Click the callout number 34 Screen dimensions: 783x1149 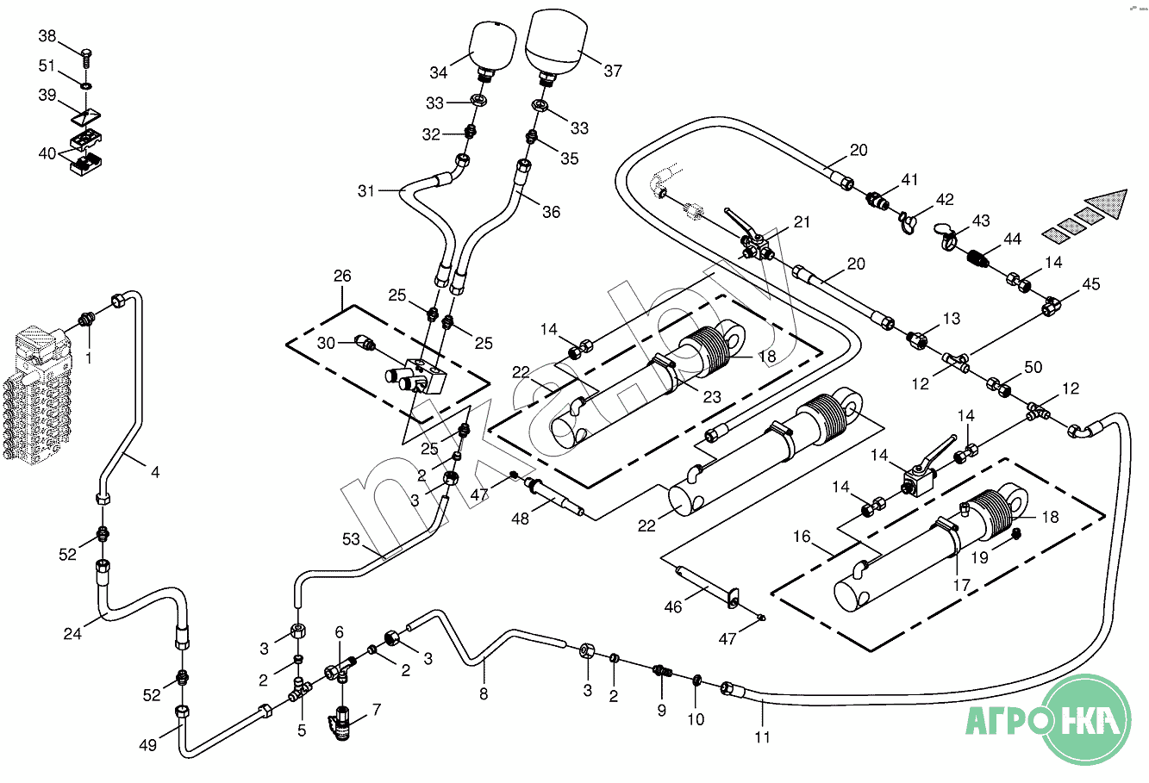pyautogui.click(x=440, y=71)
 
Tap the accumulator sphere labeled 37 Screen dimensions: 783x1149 pyautogui.click(x=556, y=40)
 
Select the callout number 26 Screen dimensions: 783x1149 pyautogui.click(x=342, y=277)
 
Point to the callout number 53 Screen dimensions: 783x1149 pyautogui.click(x=351, y=540)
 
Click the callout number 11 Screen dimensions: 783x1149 pyautogui.click(x=762, y=736)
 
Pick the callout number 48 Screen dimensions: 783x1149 pyautogui.click(x=520, y=519)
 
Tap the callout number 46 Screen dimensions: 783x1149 pyautogui.click(x=672, y=607)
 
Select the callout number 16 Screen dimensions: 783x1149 pyautogui.click(x=802, y=537)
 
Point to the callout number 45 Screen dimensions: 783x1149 pyautogui.click(x=1091, y=284)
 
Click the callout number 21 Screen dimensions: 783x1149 pyautogui.click(x=802, y=222)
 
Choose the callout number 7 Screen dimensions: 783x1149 pyautogui.click(x=376, y=710)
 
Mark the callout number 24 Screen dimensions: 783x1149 pyautogui.click(x=72, y=634)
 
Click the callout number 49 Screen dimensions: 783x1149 pyautogui.click(x=148, y=745)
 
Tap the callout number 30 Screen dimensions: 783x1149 pyautogui.click(x=325, y=343)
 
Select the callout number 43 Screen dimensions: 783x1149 pyautogui.click(x=981, y=221)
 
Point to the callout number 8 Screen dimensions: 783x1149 pyautogui.click(x=484, y=693)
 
